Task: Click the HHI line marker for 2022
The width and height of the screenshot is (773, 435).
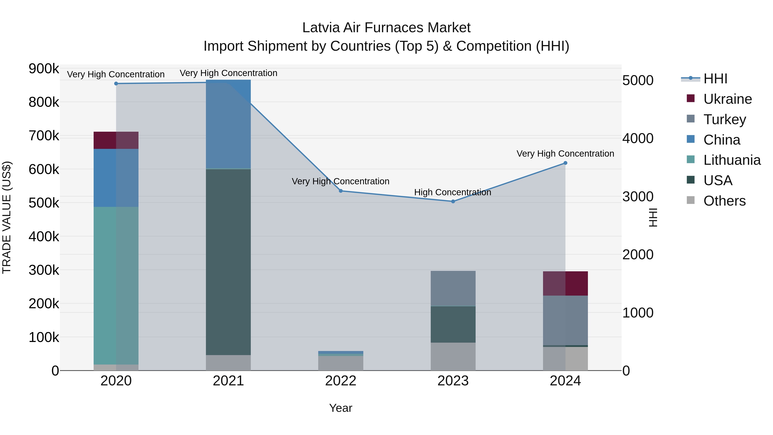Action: click(341, 191)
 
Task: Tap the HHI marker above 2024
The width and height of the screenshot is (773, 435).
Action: click(565, 163)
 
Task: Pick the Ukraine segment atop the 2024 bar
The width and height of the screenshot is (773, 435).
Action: click(565, 283)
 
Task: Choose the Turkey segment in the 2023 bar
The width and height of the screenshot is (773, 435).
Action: click(453, 288)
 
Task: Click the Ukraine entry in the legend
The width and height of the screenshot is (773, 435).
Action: click(727, 99)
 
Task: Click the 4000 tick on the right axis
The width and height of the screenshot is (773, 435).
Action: click(638, 138)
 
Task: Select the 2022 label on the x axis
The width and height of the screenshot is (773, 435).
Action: click(341, 381)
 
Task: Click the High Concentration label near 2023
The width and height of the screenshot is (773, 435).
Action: click(452, 192)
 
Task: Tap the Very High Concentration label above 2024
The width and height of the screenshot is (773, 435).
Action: click(565, 153)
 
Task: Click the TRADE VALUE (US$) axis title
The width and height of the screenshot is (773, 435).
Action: click(7, 217)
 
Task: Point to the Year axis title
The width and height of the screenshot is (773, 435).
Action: click(341, 408)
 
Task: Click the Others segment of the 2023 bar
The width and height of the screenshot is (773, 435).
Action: click(453, 356)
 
